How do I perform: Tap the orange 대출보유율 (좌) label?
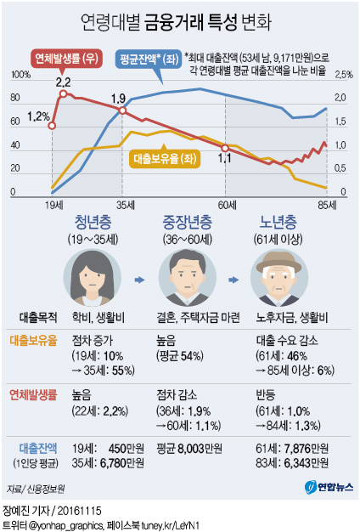[x=165, y=156]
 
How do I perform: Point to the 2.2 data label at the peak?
[x=63, y=82]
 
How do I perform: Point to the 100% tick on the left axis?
[x=19, y=76]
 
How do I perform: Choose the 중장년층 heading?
[x=187, y=223]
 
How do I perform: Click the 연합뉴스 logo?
[x=323, y=488]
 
